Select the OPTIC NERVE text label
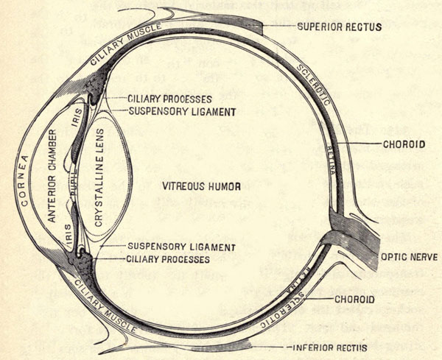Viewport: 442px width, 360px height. tap(405, 258)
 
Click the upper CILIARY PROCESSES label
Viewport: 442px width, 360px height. tap(170, 98)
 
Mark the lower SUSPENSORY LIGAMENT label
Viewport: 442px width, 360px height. tap(181, 247)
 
